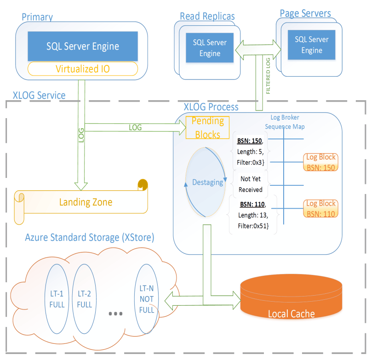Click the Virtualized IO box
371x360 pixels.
pos(83,69)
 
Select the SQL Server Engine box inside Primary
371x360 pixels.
pos(83,46)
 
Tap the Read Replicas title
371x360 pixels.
pos(207,16)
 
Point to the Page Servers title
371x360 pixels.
pos(306,13)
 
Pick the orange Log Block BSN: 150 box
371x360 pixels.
pos(321,162)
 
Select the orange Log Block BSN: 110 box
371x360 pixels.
pos(321,208)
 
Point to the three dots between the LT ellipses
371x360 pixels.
pos(115,314)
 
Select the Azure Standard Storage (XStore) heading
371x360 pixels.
pos(90,238)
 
